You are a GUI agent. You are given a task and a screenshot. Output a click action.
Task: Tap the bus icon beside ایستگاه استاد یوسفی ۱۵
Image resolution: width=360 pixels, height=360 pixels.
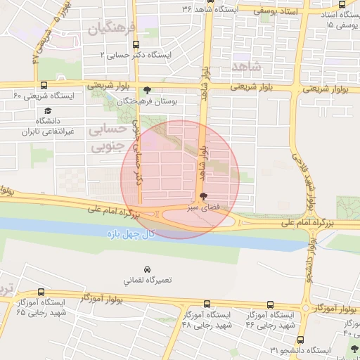pyautogui.click(x=342, y=4)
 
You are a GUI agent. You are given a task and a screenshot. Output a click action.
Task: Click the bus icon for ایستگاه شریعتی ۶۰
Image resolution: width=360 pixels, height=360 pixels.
pyautogui.click(x=44, y=85)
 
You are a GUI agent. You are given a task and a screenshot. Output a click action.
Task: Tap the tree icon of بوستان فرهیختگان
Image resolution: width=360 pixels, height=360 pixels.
pyautogui.click(x=146, y=90)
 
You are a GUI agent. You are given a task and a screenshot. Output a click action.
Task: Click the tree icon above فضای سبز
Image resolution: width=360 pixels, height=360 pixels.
pyautogui.click(x=204, y=196)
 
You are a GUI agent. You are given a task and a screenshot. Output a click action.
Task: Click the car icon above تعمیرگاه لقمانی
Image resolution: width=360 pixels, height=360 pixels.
pyautogui.click(x=147, y=269)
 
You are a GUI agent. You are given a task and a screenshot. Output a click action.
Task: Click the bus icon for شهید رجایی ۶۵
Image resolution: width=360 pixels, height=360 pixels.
pyautogui.click(x=42, y=292)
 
